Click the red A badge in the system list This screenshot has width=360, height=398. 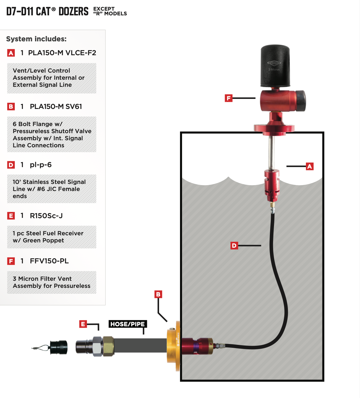point(11,53)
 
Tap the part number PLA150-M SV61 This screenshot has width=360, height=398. point(56,107)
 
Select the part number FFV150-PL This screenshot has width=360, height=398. point(49,261)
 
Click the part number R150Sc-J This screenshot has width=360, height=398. point(46,216)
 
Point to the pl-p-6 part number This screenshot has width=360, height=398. point(40,165)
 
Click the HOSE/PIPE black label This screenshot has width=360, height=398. point(127,324)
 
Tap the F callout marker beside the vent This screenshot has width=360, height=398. point(228,98)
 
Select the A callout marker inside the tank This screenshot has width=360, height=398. point(309,166)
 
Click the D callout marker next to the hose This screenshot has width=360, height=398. point(234,245)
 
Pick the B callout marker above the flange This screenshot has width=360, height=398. point(158,294)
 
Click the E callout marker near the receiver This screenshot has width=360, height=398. point(83,324)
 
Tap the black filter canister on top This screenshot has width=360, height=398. point(275,66)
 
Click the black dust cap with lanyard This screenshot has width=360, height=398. point(59,347)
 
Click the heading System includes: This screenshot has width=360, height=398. point(36,39)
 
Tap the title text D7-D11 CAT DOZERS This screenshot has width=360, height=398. point(47,12)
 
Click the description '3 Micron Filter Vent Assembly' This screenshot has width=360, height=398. point(51,282)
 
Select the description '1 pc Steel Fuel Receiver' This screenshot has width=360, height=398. point(48,237)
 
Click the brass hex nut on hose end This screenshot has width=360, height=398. point(108,345)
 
